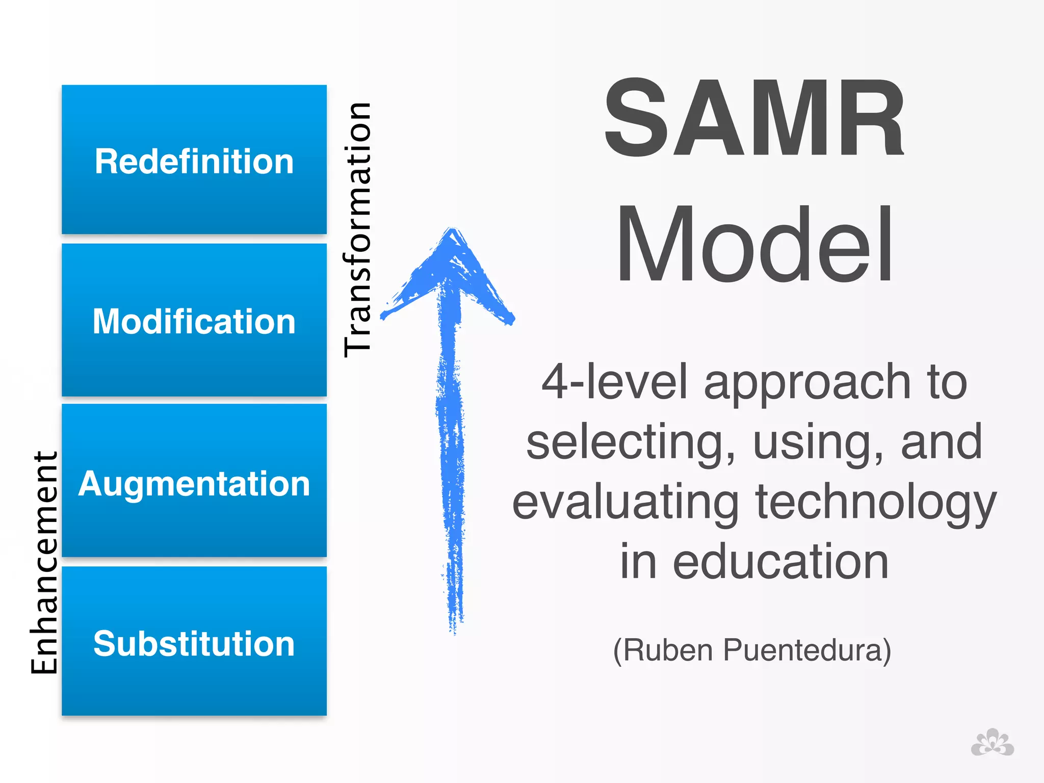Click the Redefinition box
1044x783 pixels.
194,160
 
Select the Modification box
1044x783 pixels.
194,320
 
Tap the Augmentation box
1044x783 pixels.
194,481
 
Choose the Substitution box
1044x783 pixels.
194,641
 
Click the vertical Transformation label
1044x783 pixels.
357,229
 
